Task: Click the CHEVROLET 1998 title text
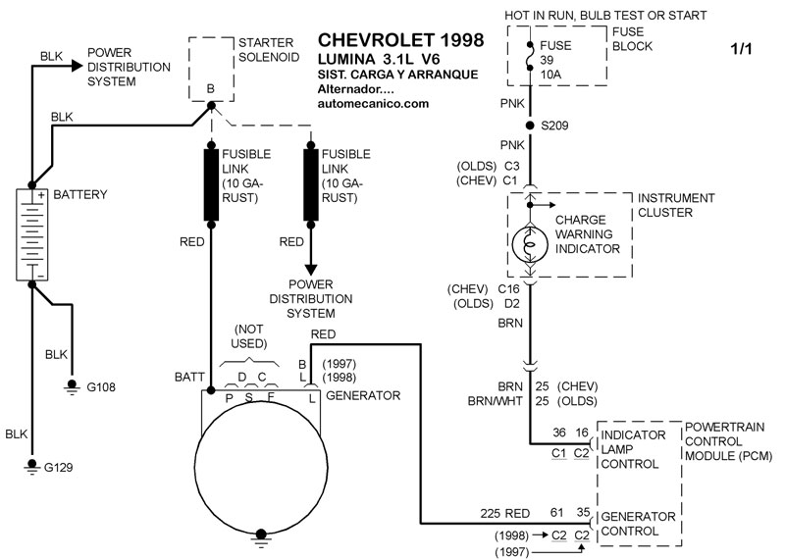pos(400,41)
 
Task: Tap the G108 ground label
pos(100,387)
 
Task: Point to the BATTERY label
pos(81,195)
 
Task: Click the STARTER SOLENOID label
pos(266,50)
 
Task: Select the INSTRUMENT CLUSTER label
pos(676,204)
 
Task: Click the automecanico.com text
pos(374,103)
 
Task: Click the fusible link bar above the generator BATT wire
pos(211,183)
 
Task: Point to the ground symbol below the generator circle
pos(261,535)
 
